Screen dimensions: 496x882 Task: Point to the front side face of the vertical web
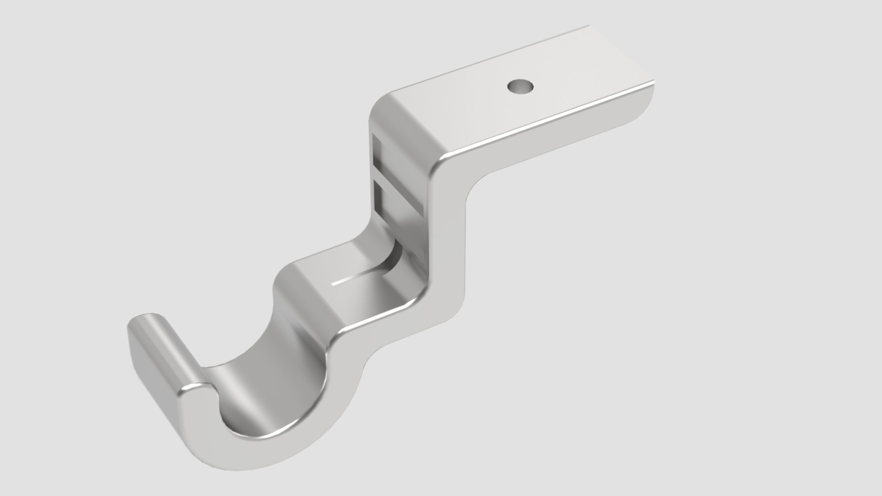click(x=448, y=241)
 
